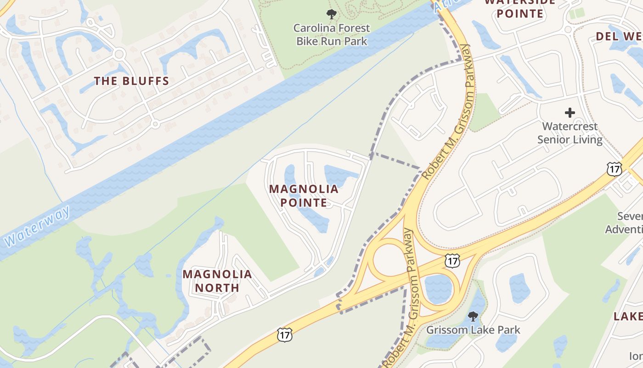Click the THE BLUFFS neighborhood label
pyautogui.click(x=132, y=81)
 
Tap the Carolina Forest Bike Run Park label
pyautogui.click(x=332, y=34)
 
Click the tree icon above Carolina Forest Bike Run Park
pyautogui.click(x=331, y=14)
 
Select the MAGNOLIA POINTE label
pyautogui.click(x=304, y=195)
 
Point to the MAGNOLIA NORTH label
pyautogui.click(x=217, y=281)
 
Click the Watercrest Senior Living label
pyautogui.click(x=570, y=133)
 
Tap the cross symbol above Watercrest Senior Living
pyautogui.click(x=570, y=113)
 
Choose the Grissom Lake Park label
pyautogui.click(x=473, y=330)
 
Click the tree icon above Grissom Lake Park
pyautogui.click(x=473, y=316)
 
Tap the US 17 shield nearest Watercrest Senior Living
pyautogui.click(x=614, y=168)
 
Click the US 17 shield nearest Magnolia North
pyautogui.click(x=285, y=334)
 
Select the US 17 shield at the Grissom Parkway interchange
pyautogui.click(x=452, y=261)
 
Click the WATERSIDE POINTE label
pyautogui.click(x=520, y=8)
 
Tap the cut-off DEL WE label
pyautogui.click(x=619, y=36)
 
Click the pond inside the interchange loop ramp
pyautogui.click(x=438, y=288)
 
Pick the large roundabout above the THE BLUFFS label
pyautogui.click(x=119, y=54)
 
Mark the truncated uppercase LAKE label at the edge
pyautogui.click(x=628, y=316)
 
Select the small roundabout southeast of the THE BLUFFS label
pyautogui.click(x=155, y=124)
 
